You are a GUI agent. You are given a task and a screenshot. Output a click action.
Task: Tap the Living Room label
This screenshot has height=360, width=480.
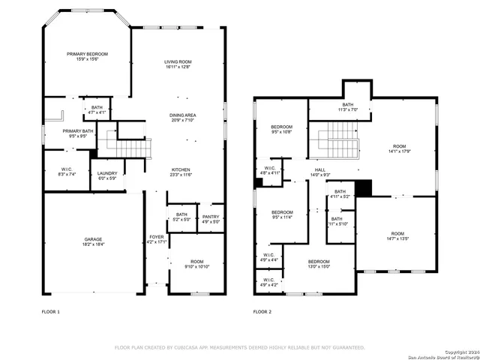178,64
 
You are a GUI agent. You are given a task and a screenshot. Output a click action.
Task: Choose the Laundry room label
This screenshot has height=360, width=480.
106,175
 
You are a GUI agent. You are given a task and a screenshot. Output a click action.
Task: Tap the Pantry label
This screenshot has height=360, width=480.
211,219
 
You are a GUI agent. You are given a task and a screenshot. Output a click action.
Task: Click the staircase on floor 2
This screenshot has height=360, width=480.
338,139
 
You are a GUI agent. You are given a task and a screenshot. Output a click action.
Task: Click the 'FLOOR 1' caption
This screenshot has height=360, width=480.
50,311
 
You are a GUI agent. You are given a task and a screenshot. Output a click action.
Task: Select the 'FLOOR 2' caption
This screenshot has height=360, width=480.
262,311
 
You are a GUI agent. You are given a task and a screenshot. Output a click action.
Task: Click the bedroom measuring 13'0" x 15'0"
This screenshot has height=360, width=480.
319,263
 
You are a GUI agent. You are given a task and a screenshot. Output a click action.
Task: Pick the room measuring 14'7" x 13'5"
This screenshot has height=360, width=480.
397,236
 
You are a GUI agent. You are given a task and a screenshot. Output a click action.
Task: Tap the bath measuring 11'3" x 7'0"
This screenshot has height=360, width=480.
347,107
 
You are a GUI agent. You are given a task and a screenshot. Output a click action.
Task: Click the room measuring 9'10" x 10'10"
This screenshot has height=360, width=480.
196,264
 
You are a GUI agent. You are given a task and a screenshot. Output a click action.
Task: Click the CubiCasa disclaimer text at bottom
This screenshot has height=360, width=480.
239,347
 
